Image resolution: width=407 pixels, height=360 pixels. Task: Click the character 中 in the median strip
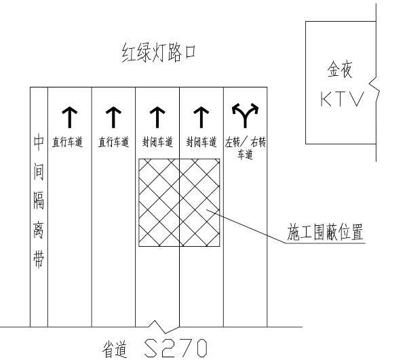[x=39, y=144]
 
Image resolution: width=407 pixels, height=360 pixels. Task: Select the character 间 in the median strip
[x=39, y=174]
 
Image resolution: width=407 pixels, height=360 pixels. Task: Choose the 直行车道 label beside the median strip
[x=70, y=142]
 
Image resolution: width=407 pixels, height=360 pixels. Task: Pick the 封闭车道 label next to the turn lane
[x=201, y=142]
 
